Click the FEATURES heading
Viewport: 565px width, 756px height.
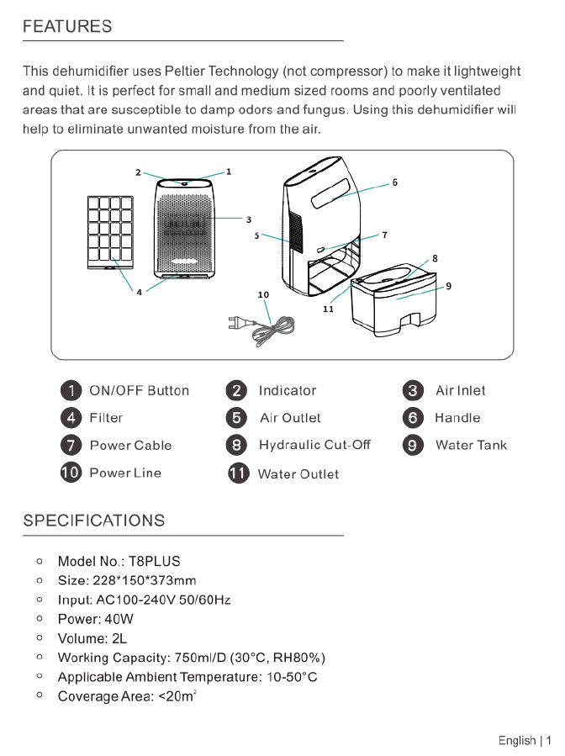[67, 27]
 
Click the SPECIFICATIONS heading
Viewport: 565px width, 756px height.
[94, 521]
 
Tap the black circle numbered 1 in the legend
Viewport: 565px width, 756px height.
[71, 390]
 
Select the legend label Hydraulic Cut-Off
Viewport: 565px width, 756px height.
[314, 445]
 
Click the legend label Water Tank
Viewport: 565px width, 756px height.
[471, 446]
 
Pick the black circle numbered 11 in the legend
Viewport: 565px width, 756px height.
[239, 473]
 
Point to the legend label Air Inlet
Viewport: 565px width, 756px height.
[460, 391]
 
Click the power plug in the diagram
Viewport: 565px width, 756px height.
[240, 321]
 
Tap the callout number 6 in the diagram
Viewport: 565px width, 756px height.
[395, 182]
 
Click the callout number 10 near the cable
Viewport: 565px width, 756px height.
[263, 295]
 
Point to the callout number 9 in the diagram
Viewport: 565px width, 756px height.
[449, 286]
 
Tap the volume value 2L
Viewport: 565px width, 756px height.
[119, 639]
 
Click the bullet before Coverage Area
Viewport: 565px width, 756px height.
[40, 695]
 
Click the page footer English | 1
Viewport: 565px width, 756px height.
[525, 741]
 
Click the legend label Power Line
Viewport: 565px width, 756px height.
[125, 473]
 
